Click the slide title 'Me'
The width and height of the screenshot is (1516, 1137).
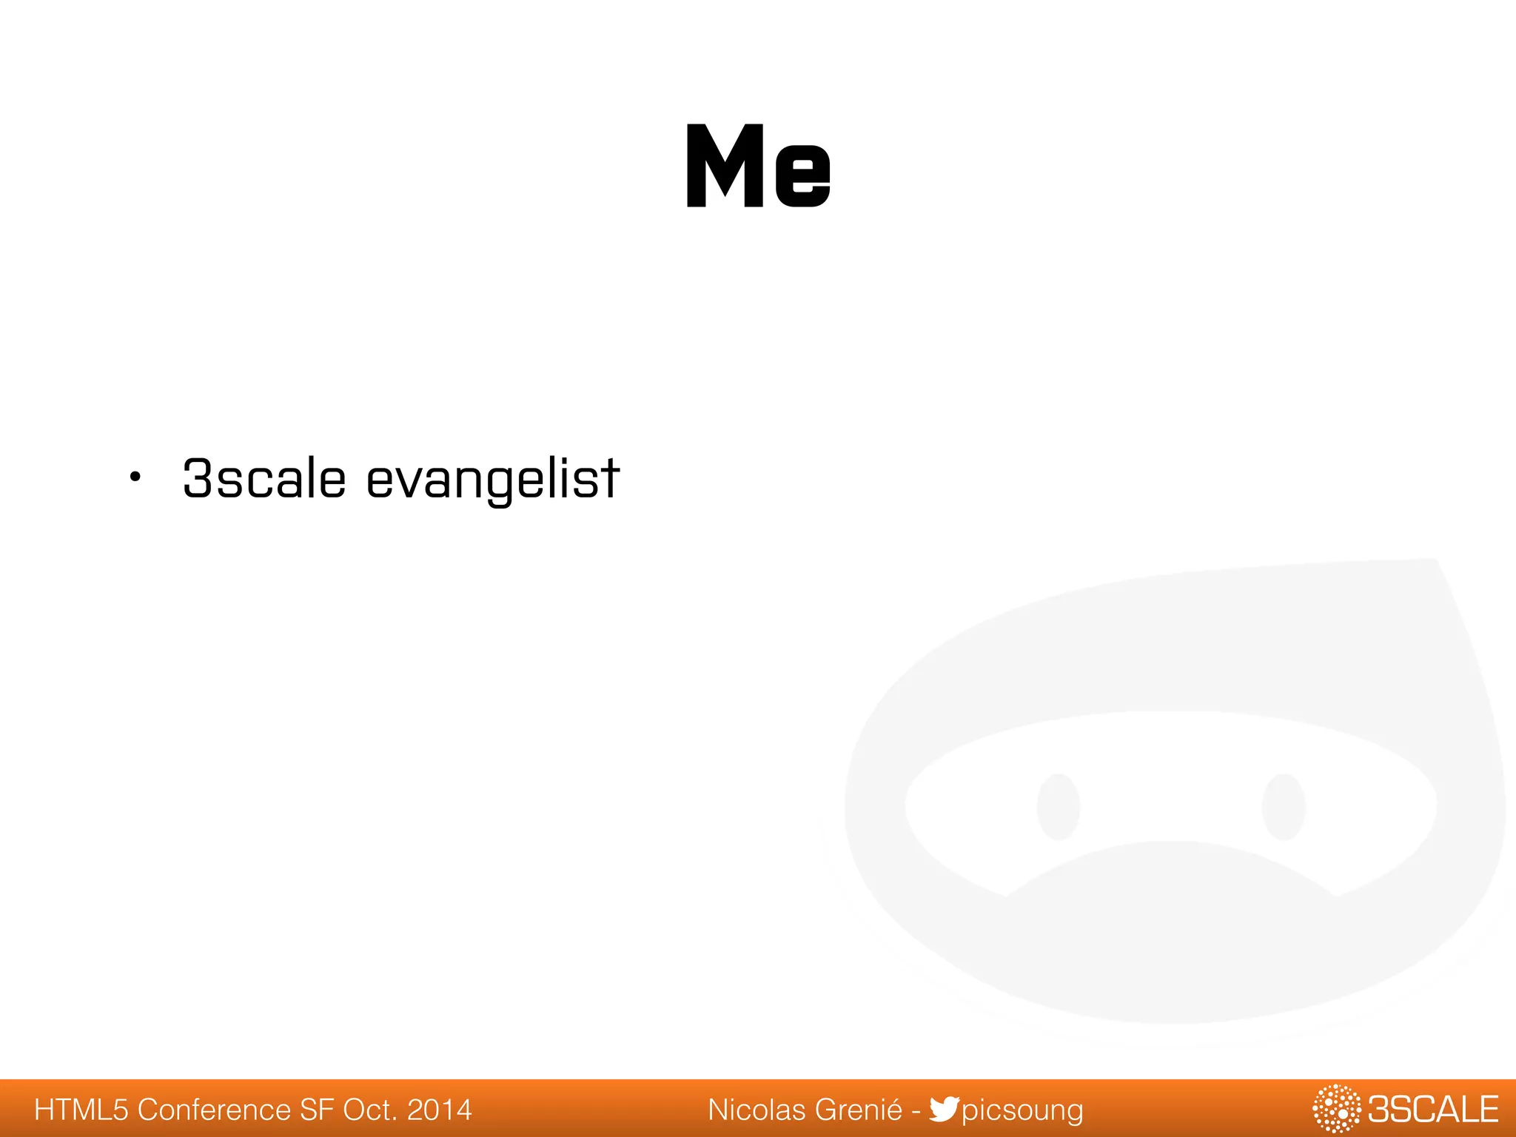pyautogui.click(x=758, y=166)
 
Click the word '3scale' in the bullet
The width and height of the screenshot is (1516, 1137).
pyautogui.click(x=264, y=479)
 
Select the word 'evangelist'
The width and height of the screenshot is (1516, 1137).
pyautogui.click(x=493, y=480)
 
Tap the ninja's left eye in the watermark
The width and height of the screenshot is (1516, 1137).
pyautogui.click(x=1058, y=807)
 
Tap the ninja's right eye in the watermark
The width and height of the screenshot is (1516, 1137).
pyautogui.click(x=1283, y=807)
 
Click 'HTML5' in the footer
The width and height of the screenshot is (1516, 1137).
pyautogui.click(x=81, y=1110)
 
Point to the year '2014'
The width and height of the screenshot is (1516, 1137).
pyautogui.click(x=440, y=1110)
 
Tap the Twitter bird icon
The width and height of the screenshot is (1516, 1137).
pyautogui.click(x=944, y=1109)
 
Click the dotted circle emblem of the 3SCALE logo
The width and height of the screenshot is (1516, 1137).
pyautogui.click(x=1336, y=1108)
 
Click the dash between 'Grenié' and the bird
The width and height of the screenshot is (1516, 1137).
pyautogui.click(x=916, y=1110)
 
